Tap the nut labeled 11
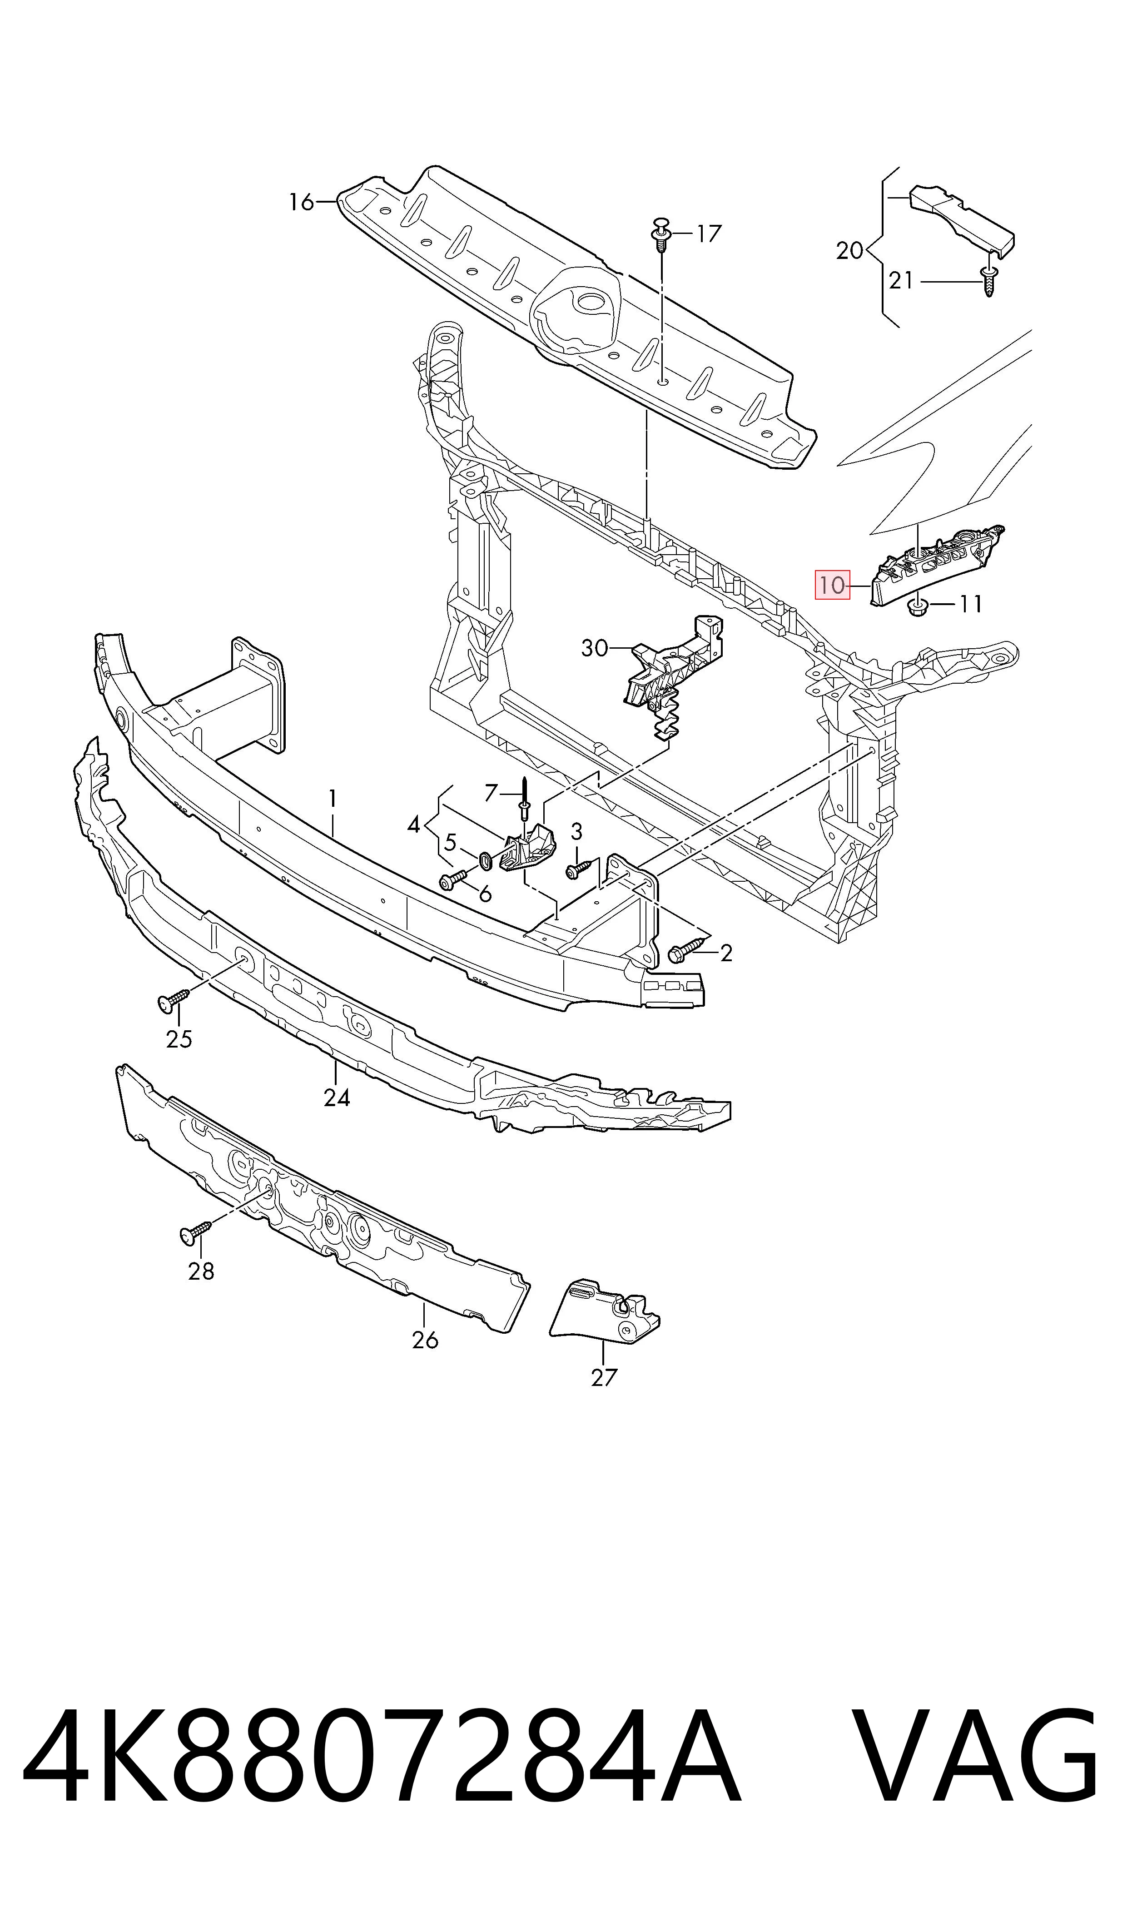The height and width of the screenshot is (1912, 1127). tap(918, 606)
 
